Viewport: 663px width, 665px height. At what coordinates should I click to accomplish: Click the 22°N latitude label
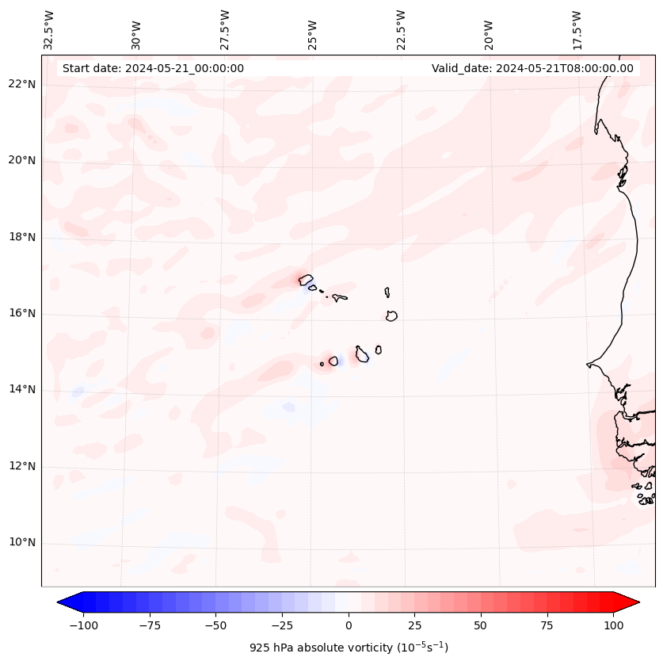pos(23,85)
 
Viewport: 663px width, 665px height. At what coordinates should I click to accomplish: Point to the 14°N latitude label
pos(23,390)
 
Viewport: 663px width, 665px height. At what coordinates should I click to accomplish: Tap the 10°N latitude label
pos(23,543)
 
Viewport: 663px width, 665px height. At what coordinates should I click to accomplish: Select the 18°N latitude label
pos(23,237)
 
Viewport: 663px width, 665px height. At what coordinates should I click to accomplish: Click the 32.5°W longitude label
pos(48,30)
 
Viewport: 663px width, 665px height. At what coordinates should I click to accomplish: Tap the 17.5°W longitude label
pos(577,30)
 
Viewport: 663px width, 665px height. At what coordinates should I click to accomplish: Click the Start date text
pos(153,68)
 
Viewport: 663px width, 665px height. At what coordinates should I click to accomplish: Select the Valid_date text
pos(532,68)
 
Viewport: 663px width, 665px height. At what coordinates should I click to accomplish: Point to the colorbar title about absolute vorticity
pos(349,648)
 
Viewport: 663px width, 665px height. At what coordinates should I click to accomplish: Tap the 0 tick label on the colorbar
pos(349,625)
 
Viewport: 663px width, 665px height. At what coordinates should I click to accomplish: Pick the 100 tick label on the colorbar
pos(613,625)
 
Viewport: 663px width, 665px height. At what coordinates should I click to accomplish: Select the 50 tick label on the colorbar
pos(481,625)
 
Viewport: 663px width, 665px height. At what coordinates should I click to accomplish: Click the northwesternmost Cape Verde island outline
pos(306,279)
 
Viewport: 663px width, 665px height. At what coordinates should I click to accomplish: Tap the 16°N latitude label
pos(23,314)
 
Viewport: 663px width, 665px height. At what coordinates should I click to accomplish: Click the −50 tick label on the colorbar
pos(216,625)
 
